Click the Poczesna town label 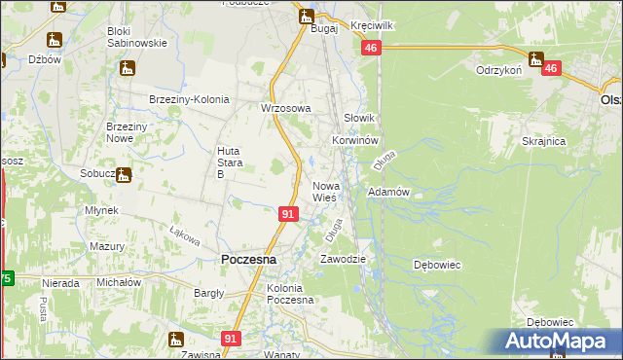coord(248,260)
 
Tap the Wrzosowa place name coord(285,108)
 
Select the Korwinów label coord(353,140)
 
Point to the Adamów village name coord(387,193)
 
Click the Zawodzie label coord(343,259)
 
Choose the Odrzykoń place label coord(499,70)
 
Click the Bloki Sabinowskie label coord(137,37)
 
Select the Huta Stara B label coord(227,162)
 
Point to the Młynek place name coord(101,210)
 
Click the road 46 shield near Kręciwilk coord(370,48)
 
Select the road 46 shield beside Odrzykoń coord(551,68)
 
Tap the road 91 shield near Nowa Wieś coord(287,213)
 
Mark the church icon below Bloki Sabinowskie coord(127,68)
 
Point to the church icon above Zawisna coord(176,340)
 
